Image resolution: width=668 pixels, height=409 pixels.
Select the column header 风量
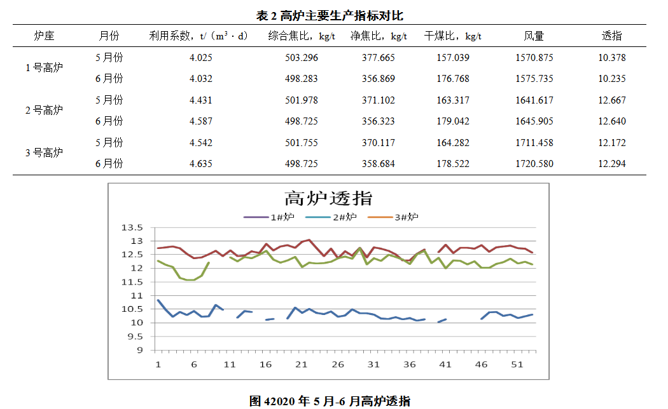(534, 36)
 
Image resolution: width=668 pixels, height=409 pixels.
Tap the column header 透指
(611, 36)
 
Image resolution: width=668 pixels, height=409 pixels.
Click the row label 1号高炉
(44, 68)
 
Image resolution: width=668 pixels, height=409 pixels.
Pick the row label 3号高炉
(44, 152)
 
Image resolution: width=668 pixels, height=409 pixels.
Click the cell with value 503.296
(302, 58)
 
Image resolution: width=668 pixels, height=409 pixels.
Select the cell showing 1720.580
(534, 164)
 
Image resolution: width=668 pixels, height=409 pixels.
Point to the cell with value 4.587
(201, 121)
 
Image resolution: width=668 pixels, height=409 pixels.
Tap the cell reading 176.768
(453, 79)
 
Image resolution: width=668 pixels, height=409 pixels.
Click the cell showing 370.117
(379, 143)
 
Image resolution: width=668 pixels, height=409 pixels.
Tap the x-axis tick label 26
(338, 365)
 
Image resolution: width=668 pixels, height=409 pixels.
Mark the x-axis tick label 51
(518, 365)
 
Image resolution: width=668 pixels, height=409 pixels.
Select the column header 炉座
(44, 36)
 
